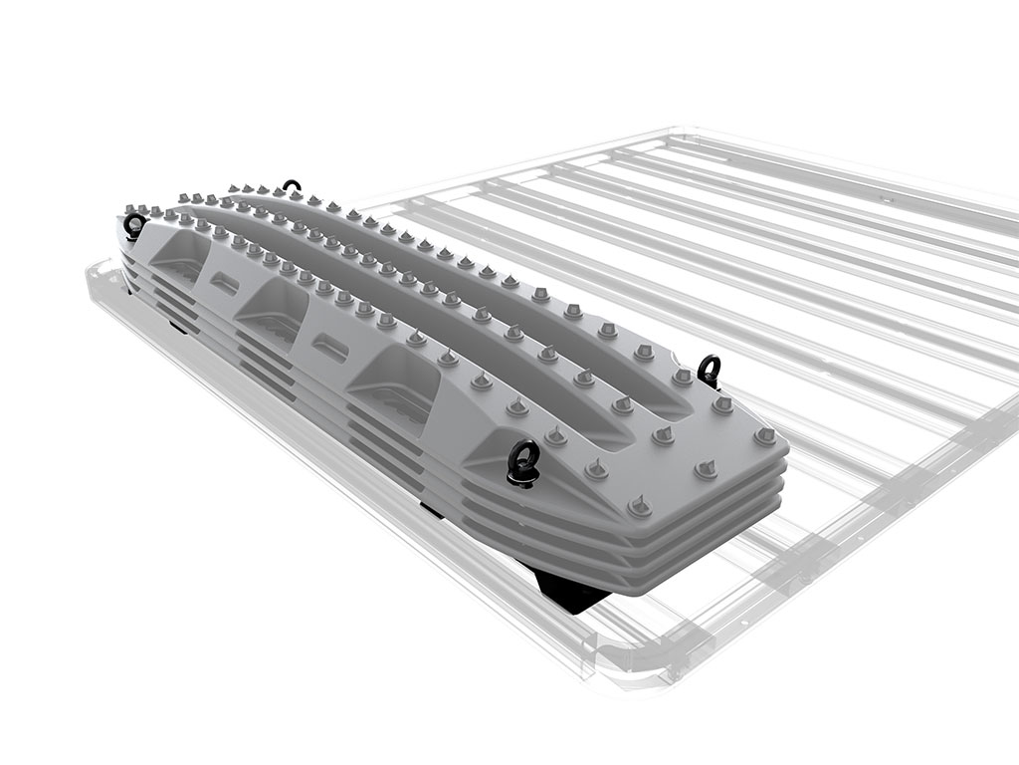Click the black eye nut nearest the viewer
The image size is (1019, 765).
(x=521, y=461)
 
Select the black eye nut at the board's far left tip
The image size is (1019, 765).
(x=132, y=225)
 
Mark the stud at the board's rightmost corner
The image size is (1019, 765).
(x=765, y=436)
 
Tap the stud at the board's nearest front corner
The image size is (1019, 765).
(x=639, y=508)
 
